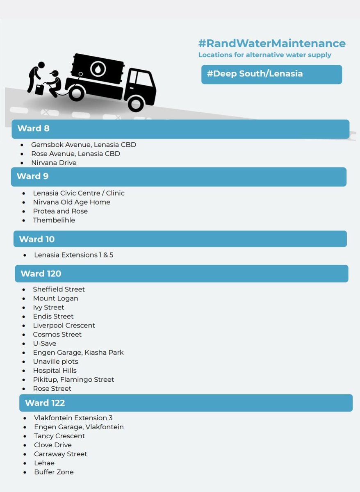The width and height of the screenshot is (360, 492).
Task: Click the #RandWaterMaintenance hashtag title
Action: [x=272, y=43]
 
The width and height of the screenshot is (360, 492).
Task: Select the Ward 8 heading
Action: [x=33, y=128]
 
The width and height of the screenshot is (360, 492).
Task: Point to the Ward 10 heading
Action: [x=37, y=239]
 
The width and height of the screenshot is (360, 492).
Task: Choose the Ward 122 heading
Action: [x=45, y=403]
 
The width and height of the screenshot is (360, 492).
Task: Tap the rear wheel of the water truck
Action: [x=76, y=93]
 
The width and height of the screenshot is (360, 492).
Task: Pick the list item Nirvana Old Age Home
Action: [x=71, y=202]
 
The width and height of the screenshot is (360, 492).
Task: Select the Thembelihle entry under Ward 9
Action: [x=54, y=220]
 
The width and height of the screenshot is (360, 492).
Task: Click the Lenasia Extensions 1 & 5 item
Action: [x=73, y=255]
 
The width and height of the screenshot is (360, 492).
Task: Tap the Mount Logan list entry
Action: [x=55, y=298]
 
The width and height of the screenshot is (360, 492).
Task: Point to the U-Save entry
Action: [x=45, y=344]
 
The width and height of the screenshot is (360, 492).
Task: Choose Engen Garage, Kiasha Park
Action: [x=78, y=353]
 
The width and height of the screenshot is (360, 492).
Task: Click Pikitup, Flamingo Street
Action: [x=73, y=380]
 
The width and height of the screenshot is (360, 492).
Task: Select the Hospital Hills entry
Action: [x=55, y=371]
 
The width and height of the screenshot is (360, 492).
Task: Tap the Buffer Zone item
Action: [x=54, y=472]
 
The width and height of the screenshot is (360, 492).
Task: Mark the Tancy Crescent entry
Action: [x=59, y=436]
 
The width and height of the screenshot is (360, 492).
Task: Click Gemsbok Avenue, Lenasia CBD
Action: [x=83, y=145]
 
